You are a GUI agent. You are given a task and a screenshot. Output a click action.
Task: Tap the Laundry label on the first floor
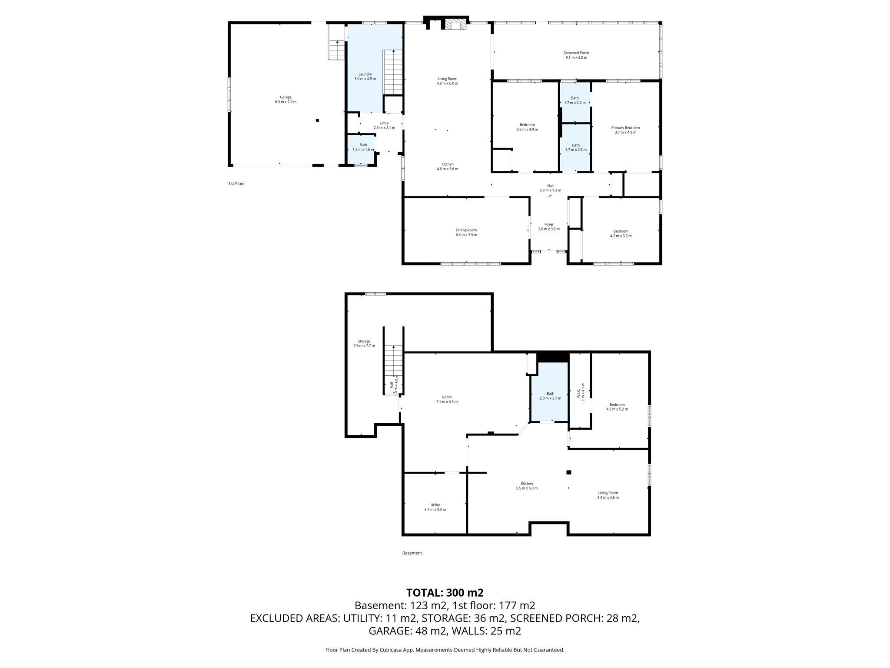click(x=365, y=74)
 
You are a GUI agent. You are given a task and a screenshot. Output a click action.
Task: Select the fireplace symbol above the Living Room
click(x=455, y=24)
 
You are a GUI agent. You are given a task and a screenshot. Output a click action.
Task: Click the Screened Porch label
click(x=576, y=53)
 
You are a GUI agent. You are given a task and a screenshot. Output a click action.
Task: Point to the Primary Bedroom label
click(x=625, y=128)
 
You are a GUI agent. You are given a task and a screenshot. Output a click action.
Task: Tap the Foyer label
click(x=549, y=224)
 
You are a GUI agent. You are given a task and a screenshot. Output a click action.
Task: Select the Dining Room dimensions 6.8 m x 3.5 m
click(x=466, y=235)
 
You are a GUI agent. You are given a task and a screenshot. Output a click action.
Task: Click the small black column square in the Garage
click(x=318, y=120)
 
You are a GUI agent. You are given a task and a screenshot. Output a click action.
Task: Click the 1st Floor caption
click(x=237, y=184)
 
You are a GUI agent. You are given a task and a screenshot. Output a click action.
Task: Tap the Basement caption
click(x=412, y=553)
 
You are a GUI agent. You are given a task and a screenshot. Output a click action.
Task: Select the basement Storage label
click(x=364, y=341)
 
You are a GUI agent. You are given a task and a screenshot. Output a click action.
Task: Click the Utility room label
click(x=435, y=505)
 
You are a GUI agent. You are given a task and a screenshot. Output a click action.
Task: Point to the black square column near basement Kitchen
click(x=568, y=472)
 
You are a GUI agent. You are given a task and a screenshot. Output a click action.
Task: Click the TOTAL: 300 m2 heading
click(x=445, y=593)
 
